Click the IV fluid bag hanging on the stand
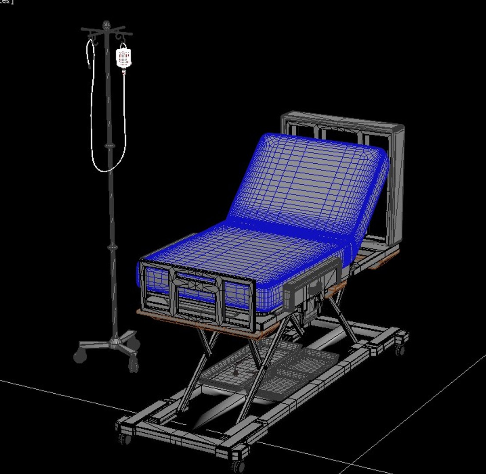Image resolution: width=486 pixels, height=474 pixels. point(123,57)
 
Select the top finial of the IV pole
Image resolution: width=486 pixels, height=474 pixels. point(106,25)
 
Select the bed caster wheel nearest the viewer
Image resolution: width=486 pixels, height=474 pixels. point(239,465)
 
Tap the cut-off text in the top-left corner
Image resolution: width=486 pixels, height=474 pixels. point(7,2)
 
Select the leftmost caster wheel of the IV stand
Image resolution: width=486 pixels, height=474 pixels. point(80,356)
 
